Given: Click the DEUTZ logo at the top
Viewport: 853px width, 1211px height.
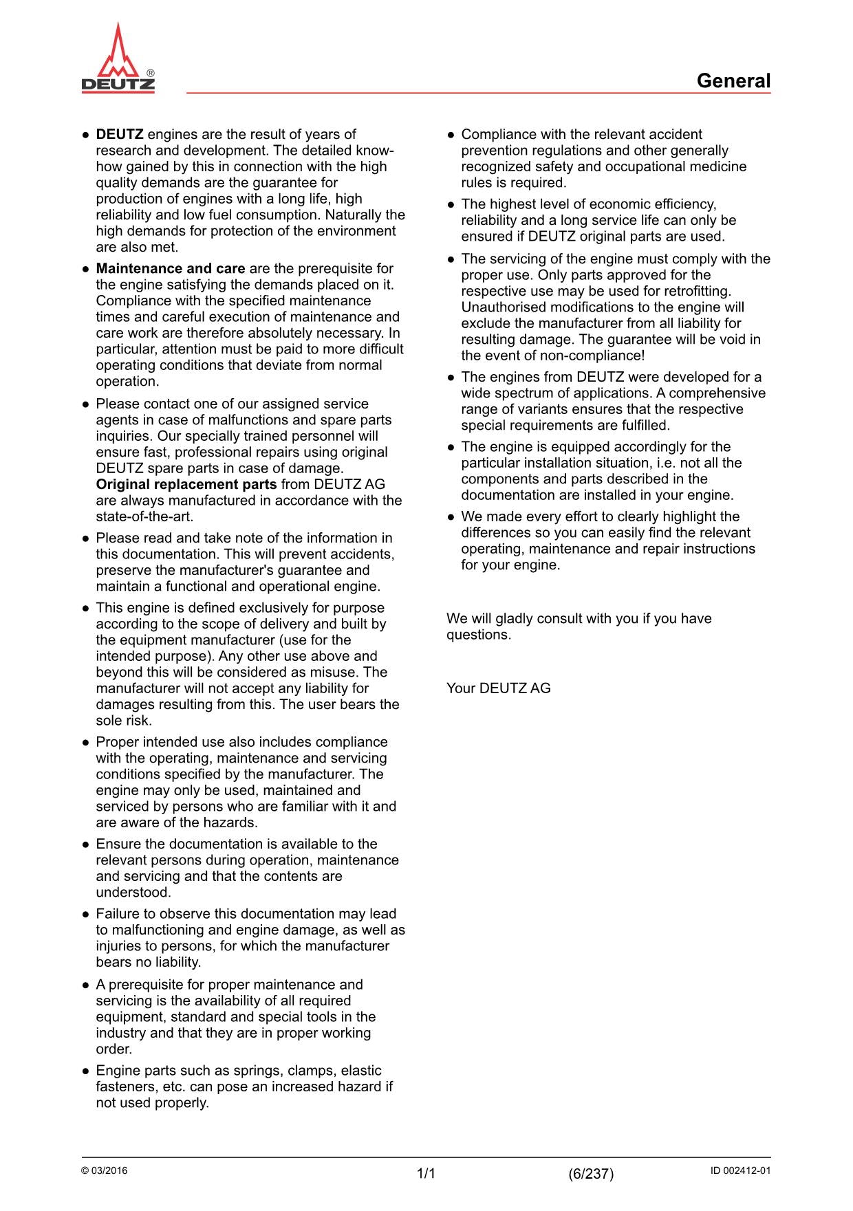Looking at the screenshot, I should (x=118, y=59).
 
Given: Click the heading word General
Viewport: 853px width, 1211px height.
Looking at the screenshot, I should (x=733, y=81).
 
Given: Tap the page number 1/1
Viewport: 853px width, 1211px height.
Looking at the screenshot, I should (x=426, y=1174).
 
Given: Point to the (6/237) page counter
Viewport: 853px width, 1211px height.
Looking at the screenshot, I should (x=591, y=1174).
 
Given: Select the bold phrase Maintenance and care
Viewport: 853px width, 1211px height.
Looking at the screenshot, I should (x=170, y=268).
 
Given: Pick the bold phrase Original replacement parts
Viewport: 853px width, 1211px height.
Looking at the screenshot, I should (x=186, y=484).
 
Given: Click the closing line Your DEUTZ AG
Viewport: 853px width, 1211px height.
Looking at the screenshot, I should (x=498, y=688).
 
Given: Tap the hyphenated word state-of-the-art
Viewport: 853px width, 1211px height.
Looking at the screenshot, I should (x=144, y=516).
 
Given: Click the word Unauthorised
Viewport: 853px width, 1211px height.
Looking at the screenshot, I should (x=504, y=307).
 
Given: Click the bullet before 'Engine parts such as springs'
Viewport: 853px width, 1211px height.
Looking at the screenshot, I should (x=86, y=1071).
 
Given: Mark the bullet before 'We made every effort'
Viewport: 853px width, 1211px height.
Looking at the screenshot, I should (x=451, y=517).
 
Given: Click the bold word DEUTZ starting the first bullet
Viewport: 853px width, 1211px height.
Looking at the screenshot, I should (x=120, y=134).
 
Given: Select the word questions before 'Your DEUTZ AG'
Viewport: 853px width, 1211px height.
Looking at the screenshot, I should (x=478, y=635).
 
